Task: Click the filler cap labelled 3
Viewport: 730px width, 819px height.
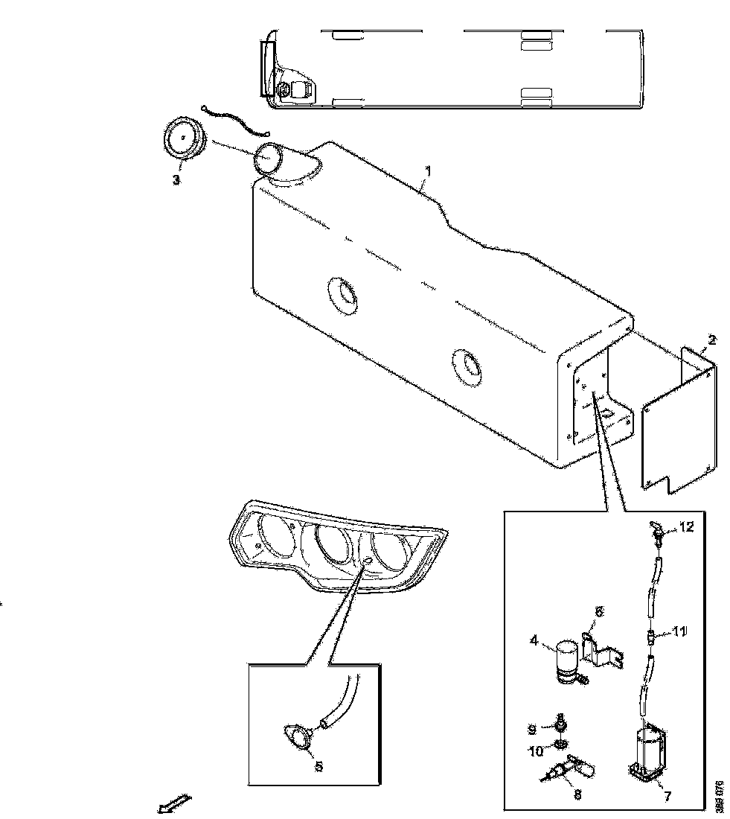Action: (x=182, y=139)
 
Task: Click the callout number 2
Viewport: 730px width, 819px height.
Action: (x=712, y=340)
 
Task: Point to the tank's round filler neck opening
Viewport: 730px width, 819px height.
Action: (x=267, y=159)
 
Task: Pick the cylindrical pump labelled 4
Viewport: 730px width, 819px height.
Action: (x=569, y=658)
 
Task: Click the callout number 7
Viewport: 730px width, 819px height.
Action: (x=667, y=797)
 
